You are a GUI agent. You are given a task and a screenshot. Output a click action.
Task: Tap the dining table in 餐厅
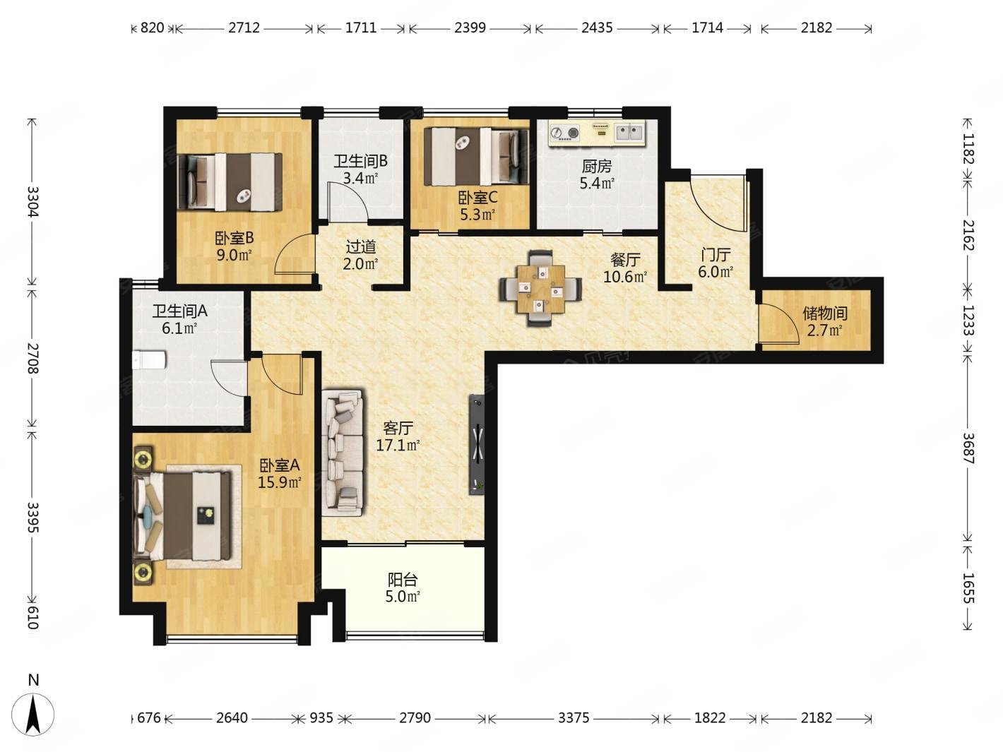(541, 289)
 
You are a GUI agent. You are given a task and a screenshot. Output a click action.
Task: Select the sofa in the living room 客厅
(343, 453)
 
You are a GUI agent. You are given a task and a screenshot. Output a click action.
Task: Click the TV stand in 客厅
(477, 444)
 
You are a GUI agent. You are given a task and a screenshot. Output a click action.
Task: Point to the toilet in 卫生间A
(149, 360)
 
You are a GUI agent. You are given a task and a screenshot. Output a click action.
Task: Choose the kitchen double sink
(630, 133)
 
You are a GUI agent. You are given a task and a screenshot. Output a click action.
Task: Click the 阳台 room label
(403, 580)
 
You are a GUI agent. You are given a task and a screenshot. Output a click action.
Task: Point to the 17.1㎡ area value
(398, 445)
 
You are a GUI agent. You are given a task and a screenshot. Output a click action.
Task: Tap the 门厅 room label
(716, 255)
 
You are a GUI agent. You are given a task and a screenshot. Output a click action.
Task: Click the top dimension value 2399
(470, 28)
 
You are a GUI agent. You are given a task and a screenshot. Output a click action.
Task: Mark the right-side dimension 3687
(968, 448)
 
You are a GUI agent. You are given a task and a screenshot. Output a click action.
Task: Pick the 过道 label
(361, 247)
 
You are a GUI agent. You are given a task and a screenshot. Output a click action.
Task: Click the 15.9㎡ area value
(280, 482)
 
